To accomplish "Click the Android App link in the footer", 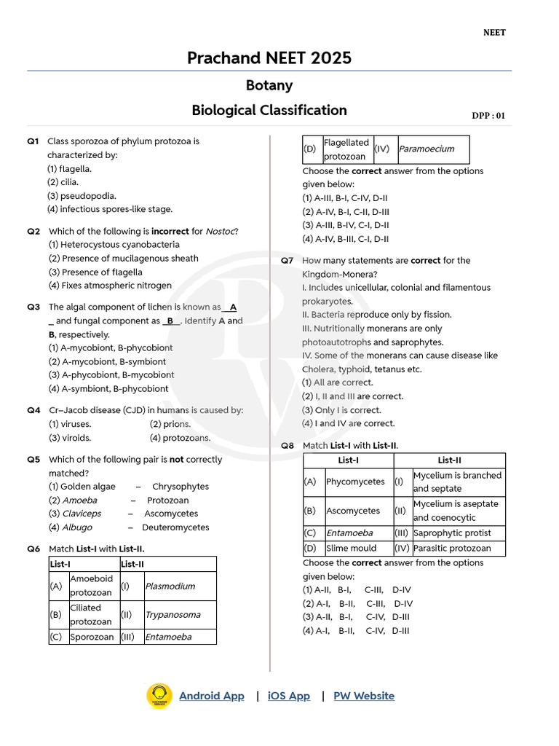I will (x=211, y=696).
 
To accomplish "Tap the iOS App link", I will (x=288, y=696).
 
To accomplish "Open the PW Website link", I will (x=364, y=696).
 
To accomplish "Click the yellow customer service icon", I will (x=159, y=696).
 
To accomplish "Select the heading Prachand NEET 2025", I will (x=269, y=58).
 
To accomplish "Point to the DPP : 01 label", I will (x=488, y=115).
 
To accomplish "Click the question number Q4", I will (x=33, y=410).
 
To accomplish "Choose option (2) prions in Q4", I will (x=170, y=424).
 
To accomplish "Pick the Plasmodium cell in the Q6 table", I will (x=170, y=586).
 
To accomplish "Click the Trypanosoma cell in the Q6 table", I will (x=173, y=615).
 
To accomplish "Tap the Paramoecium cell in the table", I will (x=426, y=149).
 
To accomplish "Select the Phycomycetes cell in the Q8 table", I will (x=355, y=482).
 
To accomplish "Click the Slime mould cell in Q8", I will (x=352, y=548).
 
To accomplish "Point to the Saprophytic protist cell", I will (x=451, y=533).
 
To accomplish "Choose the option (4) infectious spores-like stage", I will (x=110, y=209).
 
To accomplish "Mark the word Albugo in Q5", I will (x=77, y=527).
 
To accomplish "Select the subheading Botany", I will (x=269, y=85).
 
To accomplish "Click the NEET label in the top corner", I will (x=494, y=33).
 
